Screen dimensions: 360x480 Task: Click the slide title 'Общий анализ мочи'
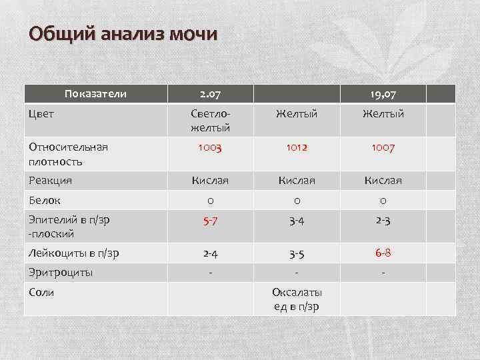pyautogui.click(x=123, y=34)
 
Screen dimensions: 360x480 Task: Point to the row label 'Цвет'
pyautogui.click(x=41, y=113)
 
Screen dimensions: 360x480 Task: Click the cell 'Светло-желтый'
pyautogui.click(x=211, y=120)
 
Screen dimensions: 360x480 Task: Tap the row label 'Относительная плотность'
pyautogui.click(x=67, y=154)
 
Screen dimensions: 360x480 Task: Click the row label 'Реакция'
pyautogui.click(x=50, y=180)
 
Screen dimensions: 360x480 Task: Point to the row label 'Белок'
pyautogui.click(x=44, y=199)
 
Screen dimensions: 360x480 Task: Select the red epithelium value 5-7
pyautogui.click(x=211, y=221)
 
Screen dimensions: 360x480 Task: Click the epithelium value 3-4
pyautogui.click(x=297, y=221)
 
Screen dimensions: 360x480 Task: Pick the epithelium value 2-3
pyautogui.click(x=383, y=221)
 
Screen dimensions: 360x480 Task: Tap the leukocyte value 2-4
pyautogui.click(x=211, y=253)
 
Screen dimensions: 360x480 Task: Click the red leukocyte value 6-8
pyautogui.click(x=383, y=253)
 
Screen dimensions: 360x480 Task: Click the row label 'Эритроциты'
pyautogui.click(x=60, y=273)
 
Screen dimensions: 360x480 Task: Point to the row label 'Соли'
pyautogui.click(x=41, y=293)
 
